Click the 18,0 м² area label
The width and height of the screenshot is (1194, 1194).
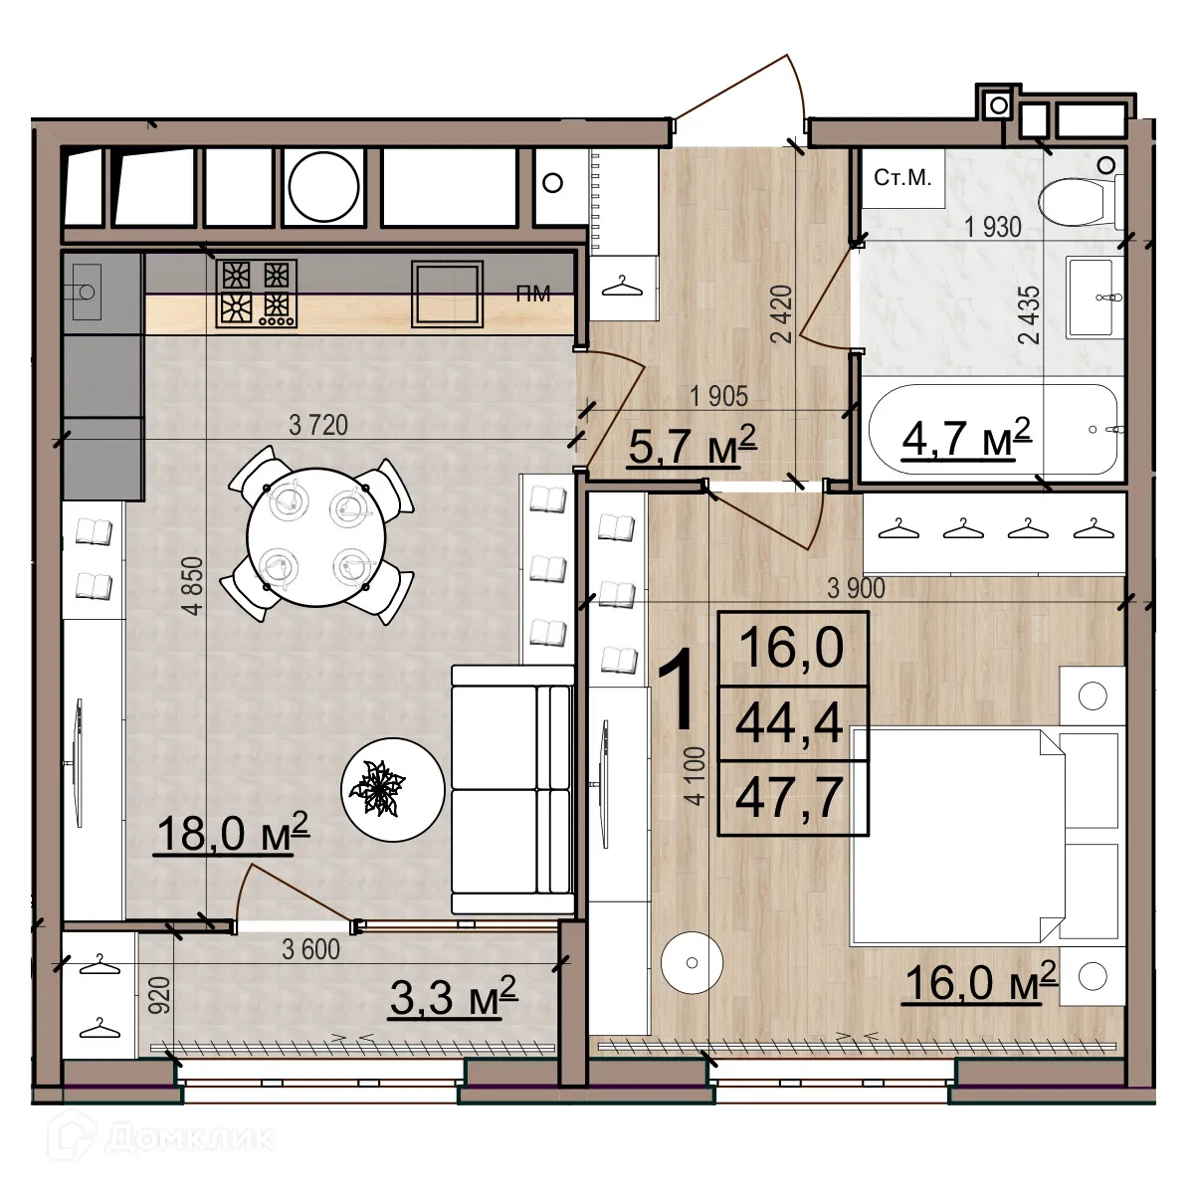(x=233, y=834)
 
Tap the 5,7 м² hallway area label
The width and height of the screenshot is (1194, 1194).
(x=693, y=445)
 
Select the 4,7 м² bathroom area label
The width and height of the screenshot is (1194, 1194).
(x=966, y=438)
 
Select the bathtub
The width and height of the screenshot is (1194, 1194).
(x=996, y=431)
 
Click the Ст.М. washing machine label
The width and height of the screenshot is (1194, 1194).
(x=902, y=178)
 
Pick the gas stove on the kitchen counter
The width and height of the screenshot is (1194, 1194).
(x=256, y=294)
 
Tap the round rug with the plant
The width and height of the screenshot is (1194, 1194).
(x=392, y=788)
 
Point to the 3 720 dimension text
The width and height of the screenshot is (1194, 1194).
(x=318, y=425)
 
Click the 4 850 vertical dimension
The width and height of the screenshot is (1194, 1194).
(x=194, y=585)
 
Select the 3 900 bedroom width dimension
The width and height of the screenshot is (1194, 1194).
(x=856, y=588)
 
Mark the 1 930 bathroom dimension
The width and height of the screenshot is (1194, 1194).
(x=993, y=228)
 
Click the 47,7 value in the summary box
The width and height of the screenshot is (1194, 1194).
(x=790, y=797)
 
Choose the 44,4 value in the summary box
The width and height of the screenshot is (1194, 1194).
(x=790, y=723)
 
